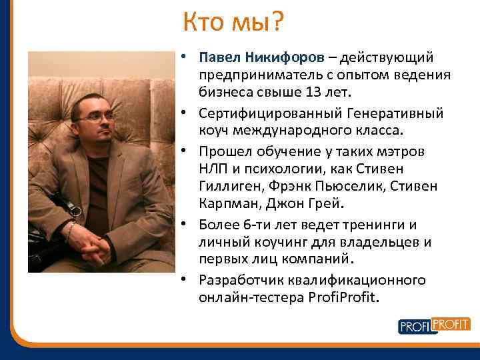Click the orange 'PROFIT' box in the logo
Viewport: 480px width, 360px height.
451,323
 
